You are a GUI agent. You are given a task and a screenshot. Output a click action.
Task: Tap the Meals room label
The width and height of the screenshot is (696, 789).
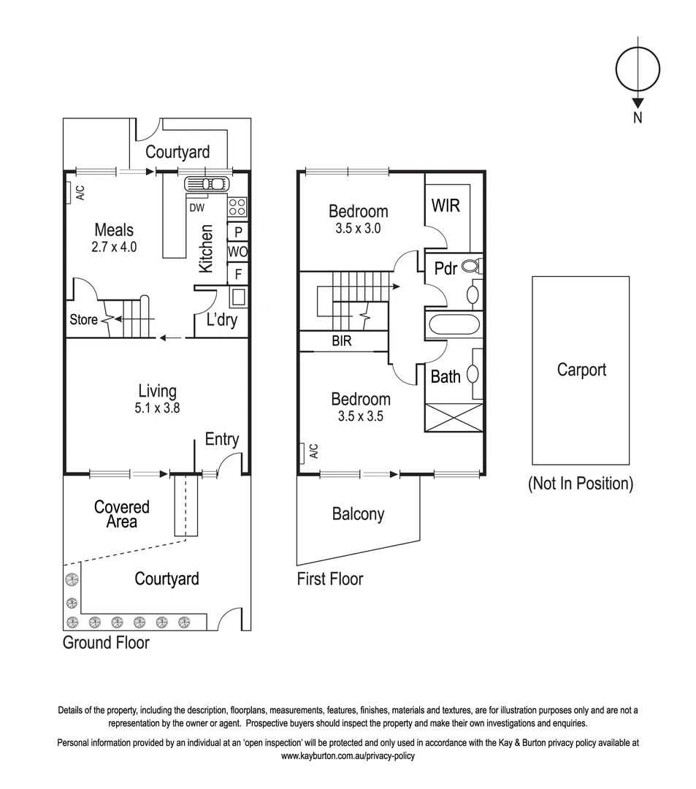click(114, 231)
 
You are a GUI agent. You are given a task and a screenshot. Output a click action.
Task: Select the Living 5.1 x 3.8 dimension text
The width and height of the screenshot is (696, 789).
click(157, 408)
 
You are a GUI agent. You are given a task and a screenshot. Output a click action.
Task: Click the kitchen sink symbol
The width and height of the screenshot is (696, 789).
click(207, 183)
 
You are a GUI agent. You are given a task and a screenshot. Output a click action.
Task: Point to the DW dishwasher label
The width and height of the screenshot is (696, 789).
click(196, 207)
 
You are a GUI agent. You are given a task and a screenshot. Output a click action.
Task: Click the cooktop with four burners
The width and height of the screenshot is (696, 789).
click(238, 207)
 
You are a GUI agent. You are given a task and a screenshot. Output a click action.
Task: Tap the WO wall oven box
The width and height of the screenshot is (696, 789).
click(237, 252)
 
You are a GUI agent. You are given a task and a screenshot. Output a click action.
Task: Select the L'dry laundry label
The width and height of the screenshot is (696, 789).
click(222, 320)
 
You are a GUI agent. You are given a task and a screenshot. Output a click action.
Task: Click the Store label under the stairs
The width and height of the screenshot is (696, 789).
click(84, 320)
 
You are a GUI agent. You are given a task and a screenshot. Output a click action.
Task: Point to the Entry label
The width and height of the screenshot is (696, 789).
click(221, 439)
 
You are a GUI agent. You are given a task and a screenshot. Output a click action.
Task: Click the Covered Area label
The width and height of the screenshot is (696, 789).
click(121, 514)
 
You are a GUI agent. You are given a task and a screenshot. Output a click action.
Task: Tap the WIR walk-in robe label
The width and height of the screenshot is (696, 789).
click(445, 205)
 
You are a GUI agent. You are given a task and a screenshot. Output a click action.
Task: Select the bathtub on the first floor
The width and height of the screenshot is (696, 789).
click(454, 324)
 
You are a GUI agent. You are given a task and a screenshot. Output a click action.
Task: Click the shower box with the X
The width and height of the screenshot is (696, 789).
click(454, 416)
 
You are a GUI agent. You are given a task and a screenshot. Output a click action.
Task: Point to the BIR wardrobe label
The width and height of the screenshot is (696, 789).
click(341, 341)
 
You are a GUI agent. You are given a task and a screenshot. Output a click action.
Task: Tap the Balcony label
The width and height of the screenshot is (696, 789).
click(358, 514)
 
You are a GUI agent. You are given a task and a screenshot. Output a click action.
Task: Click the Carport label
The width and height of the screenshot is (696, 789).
click(581, 370)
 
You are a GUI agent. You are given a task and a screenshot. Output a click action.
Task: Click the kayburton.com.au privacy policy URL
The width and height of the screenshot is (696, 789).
click(348, 756)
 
